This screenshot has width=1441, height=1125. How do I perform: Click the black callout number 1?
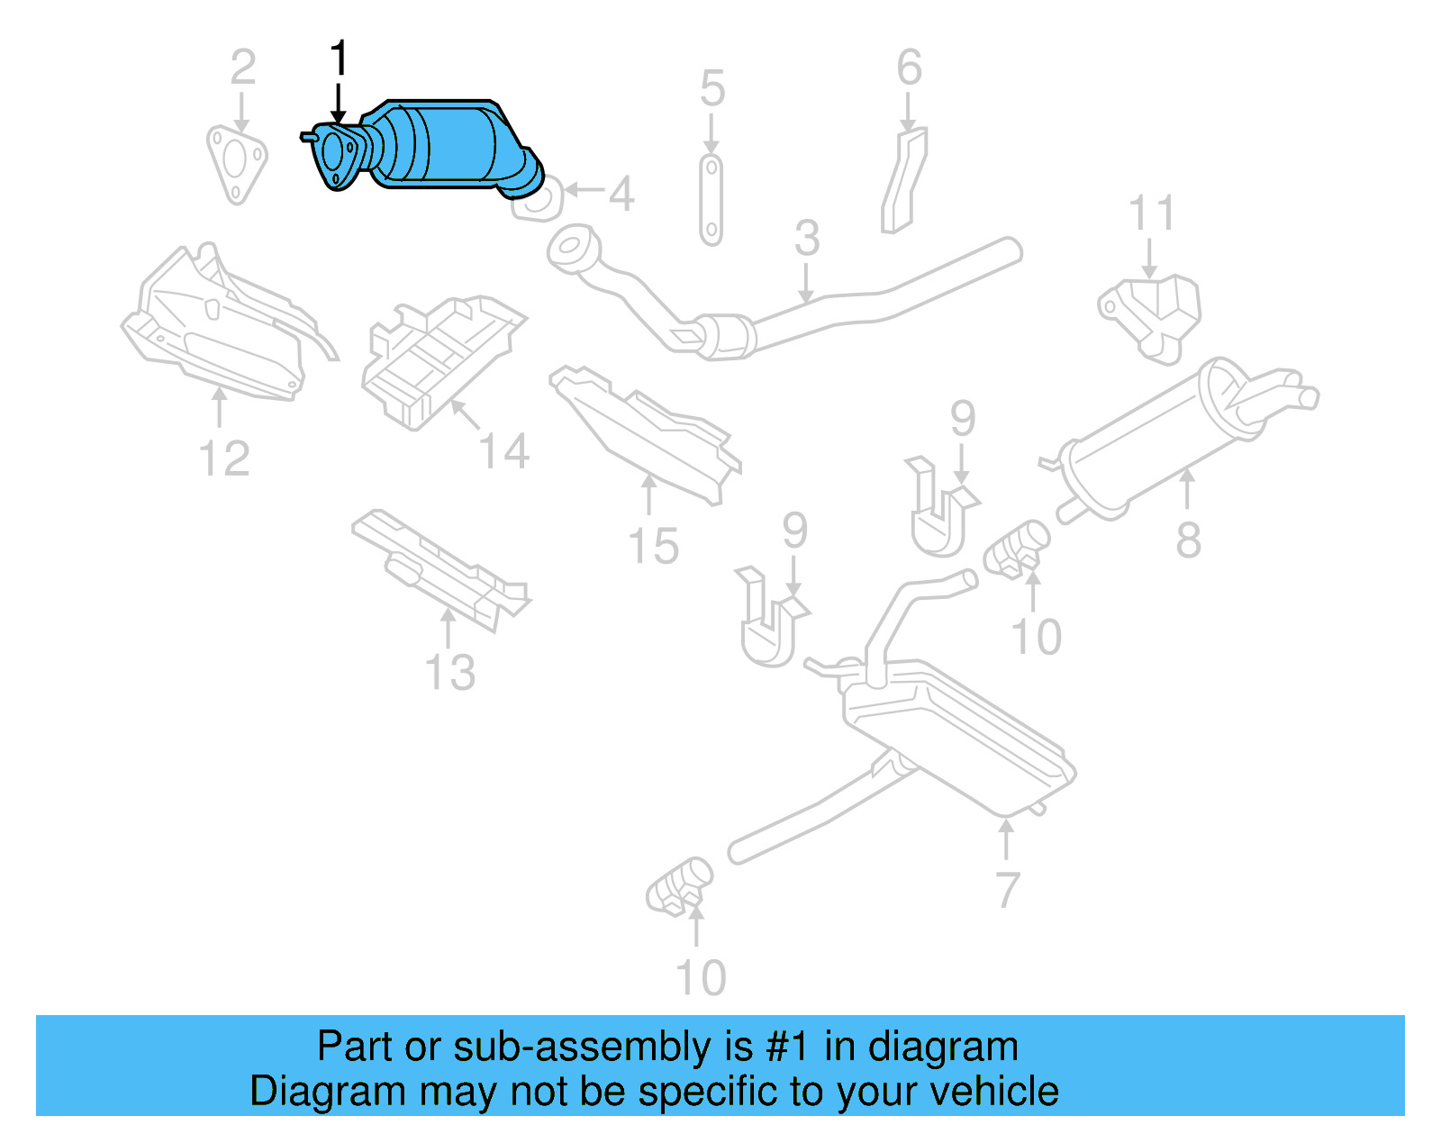click(x=339, y=59)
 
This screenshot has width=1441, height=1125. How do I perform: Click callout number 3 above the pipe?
click(x=807, y=238)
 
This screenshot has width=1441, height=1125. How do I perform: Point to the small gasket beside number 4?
click(x=538, y=202)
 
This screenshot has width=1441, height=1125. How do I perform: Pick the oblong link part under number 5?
click(x=711, y=200)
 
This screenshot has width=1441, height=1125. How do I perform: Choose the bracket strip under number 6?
click(x=904, y=180)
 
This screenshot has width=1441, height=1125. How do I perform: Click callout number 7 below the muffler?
click(x=1007, y=890)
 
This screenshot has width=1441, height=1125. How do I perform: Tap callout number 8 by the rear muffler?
click(x=1188, y=540)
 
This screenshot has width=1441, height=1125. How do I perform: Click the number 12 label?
click(x=223, y=458)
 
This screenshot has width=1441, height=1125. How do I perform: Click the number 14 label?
click(x=503, y=451)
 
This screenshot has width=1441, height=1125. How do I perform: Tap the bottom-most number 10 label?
click(x=700, y=977)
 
